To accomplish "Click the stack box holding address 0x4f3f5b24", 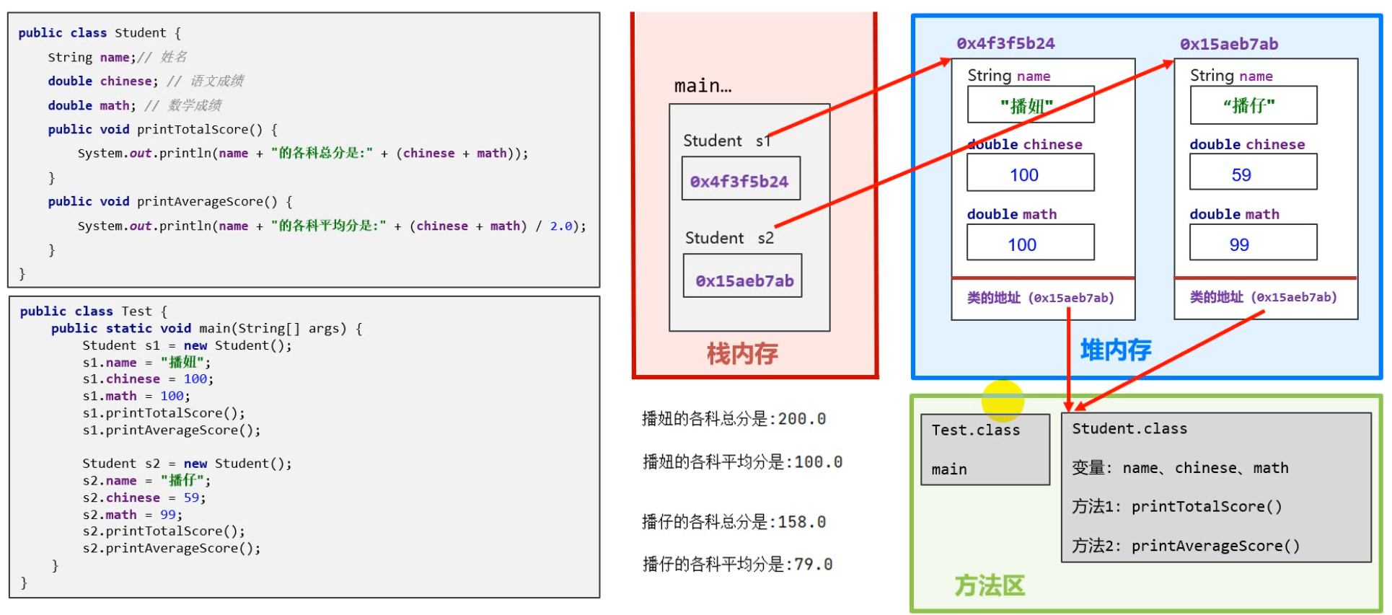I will coord(740,179).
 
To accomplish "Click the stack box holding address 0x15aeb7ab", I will coord(742,276).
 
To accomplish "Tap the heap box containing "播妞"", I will coord(1030,105).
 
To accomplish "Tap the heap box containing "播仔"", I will coord(1253,105).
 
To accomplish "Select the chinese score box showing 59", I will coord(1253,173).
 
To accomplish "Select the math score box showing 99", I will coord(1253,243).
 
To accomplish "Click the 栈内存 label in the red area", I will coord(742,353).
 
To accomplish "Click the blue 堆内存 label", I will coord(1115,350).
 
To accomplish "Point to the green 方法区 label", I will coord(990,585).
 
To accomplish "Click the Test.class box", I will coord(984,448).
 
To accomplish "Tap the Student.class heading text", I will coord(1129,428).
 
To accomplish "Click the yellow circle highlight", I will coord(1003,400).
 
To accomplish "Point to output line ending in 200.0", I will coord(734,419).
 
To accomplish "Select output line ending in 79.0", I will coord(737,564).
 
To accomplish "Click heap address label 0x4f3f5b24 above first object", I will coord(1005,43).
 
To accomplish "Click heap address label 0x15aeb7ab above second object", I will coord(1229,44).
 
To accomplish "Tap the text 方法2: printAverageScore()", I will coord(1185,546).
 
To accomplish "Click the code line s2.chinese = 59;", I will coord(144,497).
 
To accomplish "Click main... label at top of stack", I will coord(702,86).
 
